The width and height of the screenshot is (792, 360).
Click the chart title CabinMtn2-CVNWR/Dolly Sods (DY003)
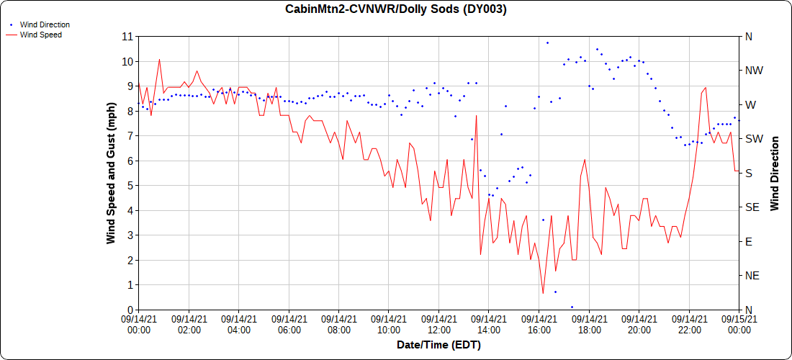point(396,9)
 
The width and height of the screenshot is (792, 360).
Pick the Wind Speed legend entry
point(40,35)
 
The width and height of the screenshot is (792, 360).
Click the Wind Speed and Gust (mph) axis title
point(111,173)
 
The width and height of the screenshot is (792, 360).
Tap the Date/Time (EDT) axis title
point(438,345)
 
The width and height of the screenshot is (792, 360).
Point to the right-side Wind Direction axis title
point(775,173)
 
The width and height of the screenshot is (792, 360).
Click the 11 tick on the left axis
point(128,36)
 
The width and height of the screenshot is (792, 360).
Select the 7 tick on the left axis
point(128,135)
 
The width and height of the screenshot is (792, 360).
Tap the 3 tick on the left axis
point(128,235)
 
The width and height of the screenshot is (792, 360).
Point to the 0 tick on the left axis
point(128,310)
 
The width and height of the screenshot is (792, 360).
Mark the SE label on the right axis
point(752,207)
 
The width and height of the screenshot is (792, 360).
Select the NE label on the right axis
point(752,276)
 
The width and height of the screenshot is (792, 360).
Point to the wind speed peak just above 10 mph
point(159,59)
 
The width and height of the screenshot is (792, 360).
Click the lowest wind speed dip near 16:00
point(543,293)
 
